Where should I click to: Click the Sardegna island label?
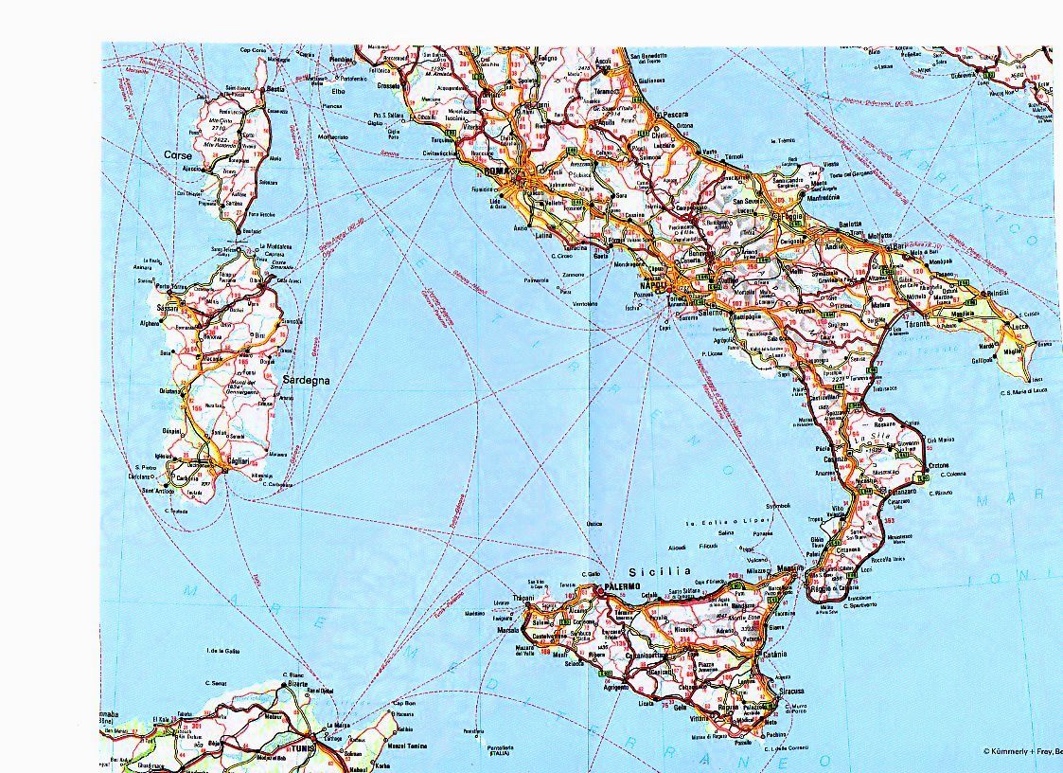point(306,380)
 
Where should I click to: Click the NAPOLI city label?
point(653,285)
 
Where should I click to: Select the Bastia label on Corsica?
point(276,89)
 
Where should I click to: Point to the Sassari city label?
point(168,308)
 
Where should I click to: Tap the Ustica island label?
point(594,523)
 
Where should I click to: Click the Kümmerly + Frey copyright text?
point(1021,750)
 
